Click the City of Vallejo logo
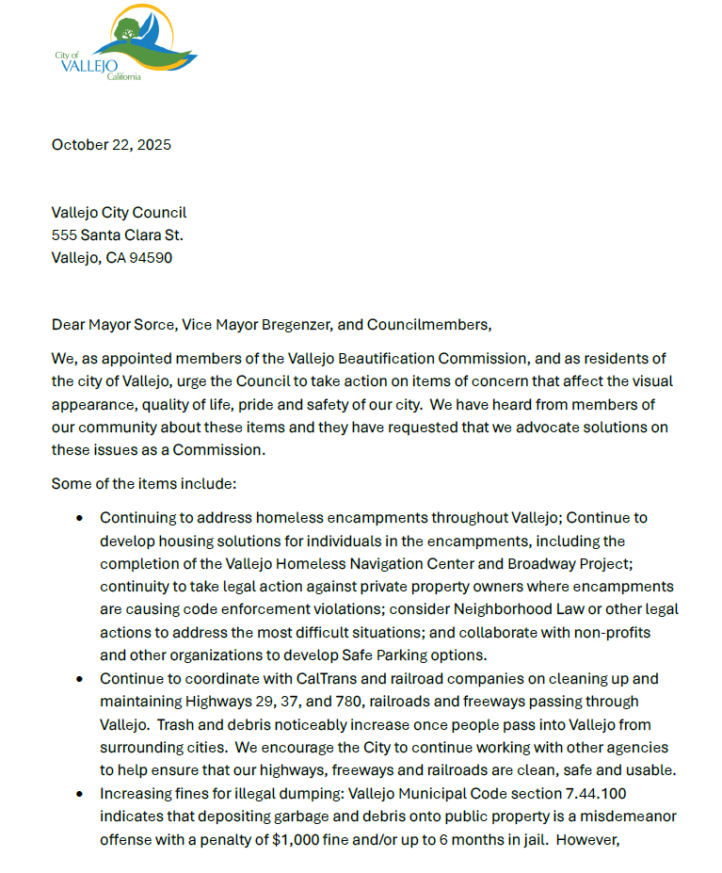coord(126,42)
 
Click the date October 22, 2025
coord(111,145)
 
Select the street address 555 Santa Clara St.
coord(117,235)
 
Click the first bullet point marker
coord(80,519)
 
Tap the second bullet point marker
coord(80,680)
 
